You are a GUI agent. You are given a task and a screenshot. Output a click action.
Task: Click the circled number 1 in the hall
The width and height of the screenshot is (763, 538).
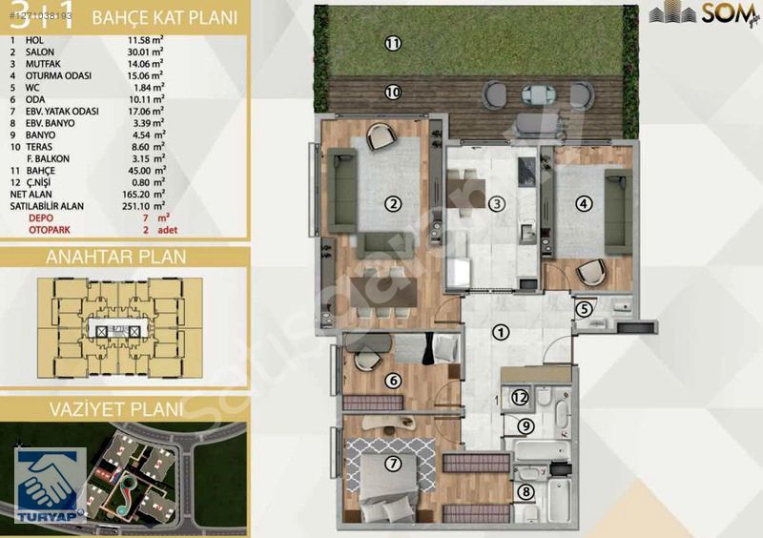pos(500,332)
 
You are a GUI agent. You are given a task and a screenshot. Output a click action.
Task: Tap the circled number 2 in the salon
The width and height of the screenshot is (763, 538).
pos(391,202)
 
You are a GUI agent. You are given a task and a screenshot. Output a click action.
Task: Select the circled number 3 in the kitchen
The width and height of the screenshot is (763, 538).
pos(496,202)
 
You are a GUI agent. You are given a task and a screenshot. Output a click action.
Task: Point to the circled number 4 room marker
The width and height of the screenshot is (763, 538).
pos(585,202)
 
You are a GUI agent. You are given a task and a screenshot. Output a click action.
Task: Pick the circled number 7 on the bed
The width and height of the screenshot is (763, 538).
pos(391,465)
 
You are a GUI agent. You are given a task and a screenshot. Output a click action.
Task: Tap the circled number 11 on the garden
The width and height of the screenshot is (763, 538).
pos(391,43)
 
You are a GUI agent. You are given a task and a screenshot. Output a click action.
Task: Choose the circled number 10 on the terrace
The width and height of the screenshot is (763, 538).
pos(391,92)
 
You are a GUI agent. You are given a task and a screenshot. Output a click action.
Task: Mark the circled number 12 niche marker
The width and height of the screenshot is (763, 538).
pos(520,398)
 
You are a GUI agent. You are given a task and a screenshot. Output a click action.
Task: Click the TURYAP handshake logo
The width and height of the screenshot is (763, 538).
pos(48,486)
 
